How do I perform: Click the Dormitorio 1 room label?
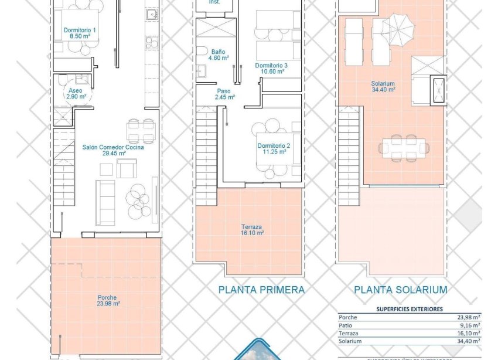click(x=80, y=32)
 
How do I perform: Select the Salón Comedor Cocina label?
click(x=113, y=150)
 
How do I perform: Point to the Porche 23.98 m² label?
click(x=107, y=300)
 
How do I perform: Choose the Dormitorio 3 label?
click(x=271, y=68)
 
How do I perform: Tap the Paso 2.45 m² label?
click(x=224, y=94)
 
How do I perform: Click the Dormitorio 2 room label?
click(x=272, y=148)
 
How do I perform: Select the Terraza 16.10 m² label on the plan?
click(x=252, y=229)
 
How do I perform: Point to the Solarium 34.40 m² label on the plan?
click(x=383, y=86)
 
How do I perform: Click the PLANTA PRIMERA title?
click(x=261, y=290)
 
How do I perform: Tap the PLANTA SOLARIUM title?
click(x=401, y=290)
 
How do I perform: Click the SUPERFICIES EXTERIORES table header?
click(x=409, y=308)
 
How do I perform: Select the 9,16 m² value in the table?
click(x=468, y=325)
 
